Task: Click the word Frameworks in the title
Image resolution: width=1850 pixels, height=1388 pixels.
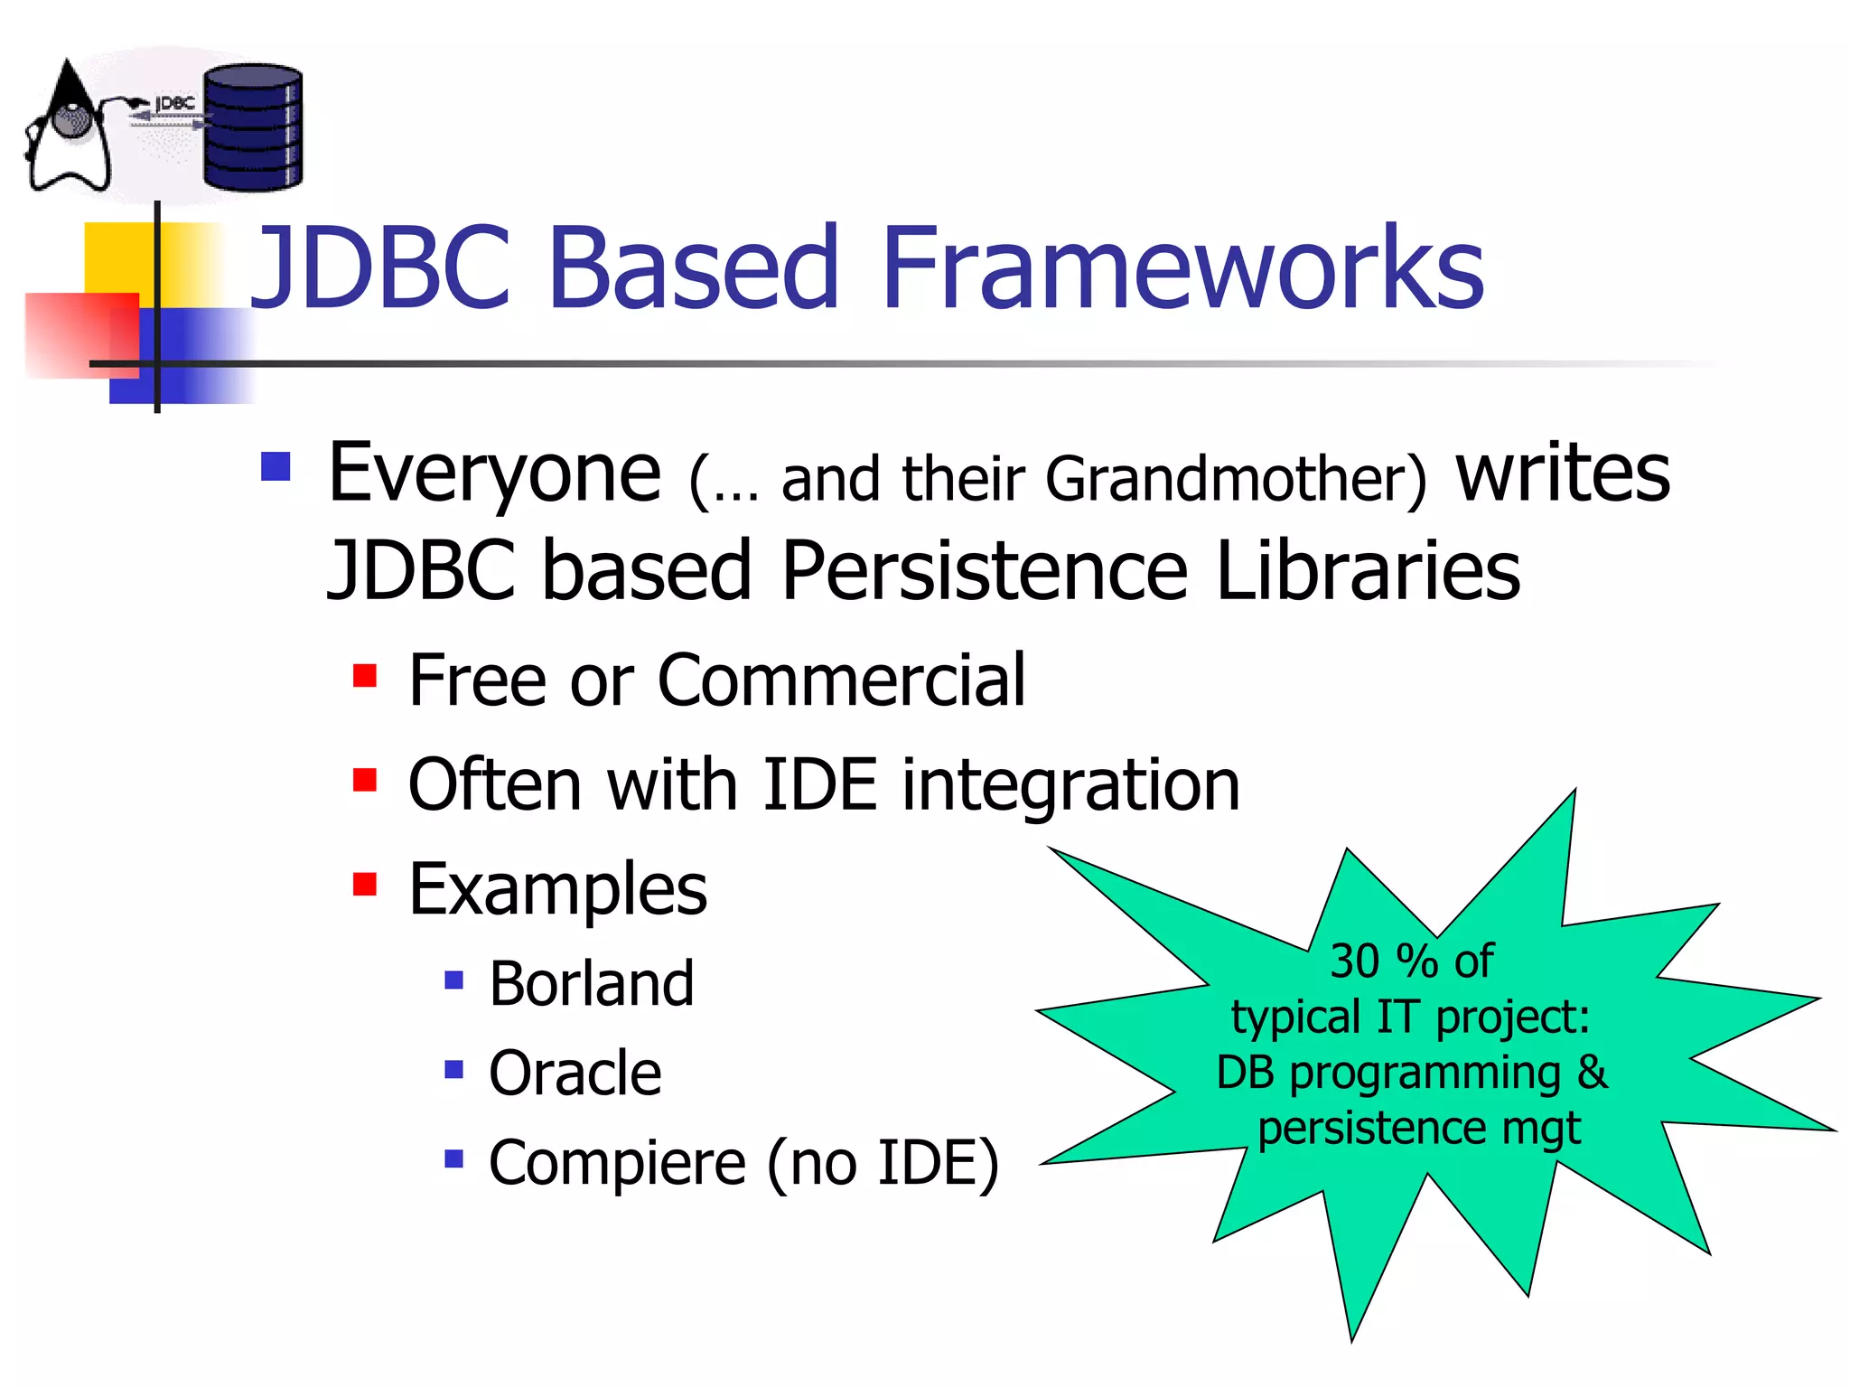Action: [1182, 268]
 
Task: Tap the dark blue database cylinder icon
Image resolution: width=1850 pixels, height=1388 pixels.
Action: [253, 127]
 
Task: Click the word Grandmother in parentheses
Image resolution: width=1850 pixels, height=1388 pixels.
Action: [1236, 479]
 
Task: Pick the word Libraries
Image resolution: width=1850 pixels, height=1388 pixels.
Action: [1368, 571]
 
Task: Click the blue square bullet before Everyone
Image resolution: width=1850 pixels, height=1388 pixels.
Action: [276, 467]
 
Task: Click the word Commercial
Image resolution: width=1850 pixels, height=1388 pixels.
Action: [841, 680]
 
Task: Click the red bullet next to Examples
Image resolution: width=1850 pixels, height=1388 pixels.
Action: [365, 884]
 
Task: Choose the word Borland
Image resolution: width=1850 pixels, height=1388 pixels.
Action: [592, 983]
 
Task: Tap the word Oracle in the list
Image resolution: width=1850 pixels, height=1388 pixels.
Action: [575, 1074]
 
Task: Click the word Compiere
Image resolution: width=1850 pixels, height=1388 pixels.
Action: [617, 1163]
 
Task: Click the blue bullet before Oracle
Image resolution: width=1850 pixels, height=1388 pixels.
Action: [454, 1070]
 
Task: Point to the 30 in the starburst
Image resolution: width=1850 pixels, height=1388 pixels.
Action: [1354, 961]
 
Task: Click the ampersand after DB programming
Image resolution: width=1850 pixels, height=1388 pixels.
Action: [1592, 1073]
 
